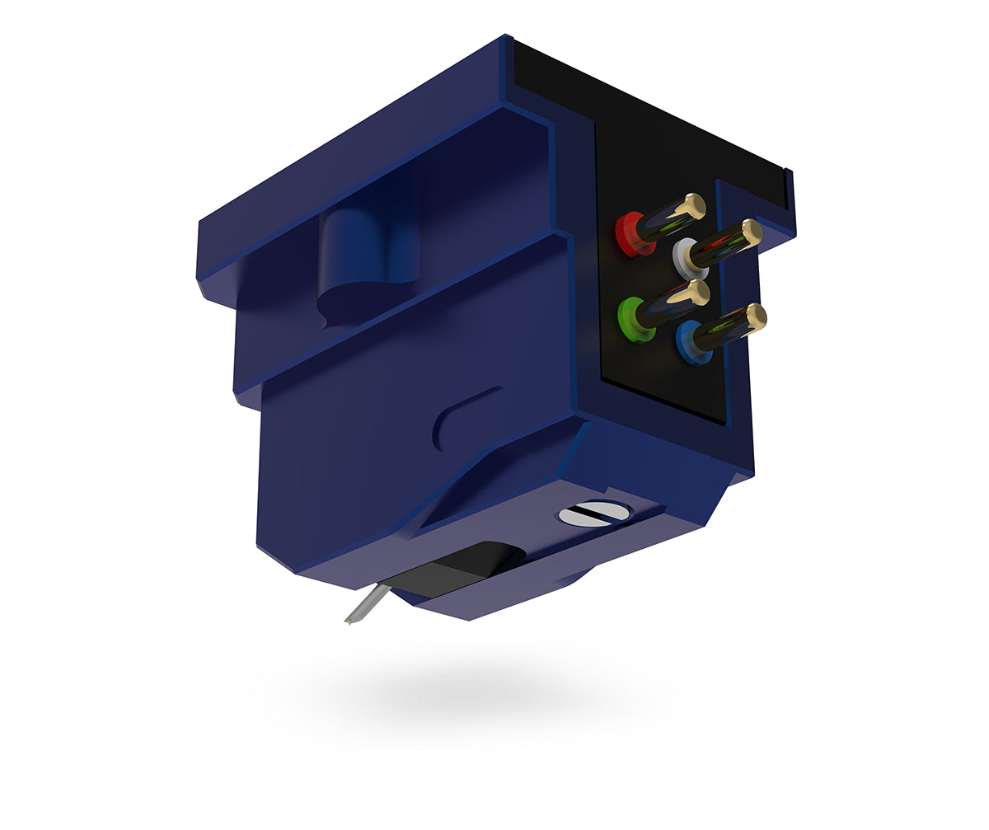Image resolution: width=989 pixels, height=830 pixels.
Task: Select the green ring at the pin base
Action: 633,319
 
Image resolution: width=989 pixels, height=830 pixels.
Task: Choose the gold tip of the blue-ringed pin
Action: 754,316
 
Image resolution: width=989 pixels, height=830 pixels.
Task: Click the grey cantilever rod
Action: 366,604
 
